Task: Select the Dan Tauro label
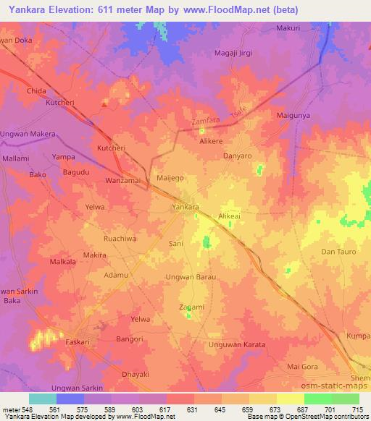click(x=336, y=252)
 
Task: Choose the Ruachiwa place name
click(x=120, y=237)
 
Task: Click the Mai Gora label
click(x=303, y=367)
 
